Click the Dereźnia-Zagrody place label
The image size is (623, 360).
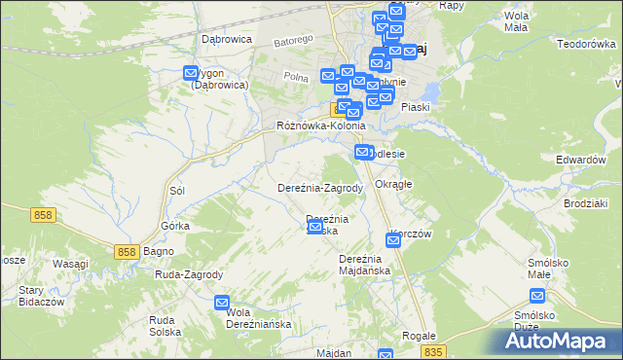tap(320, 188)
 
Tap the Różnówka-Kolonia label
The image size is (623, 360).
tap(321, 126)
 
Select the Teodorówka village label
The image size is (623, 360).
tap(588, 44)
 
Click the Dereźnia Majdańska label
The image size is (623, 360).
tap(364, 264)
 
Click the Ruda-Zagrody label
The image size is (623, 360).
tap(190, 275)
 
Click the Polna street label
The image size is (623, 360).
tap(296, 75)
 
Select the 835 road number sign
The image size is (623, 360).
tap(433, 351)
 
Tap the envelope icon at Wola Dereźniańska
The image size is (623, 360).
tap(222, 303)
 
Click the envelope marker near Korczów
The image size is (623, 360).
tap(392, 239)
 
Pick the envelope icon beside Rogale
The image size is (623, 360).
tap(385, 356)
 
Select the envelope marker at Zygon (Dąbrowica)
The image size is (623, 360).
tap(192, 71)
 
